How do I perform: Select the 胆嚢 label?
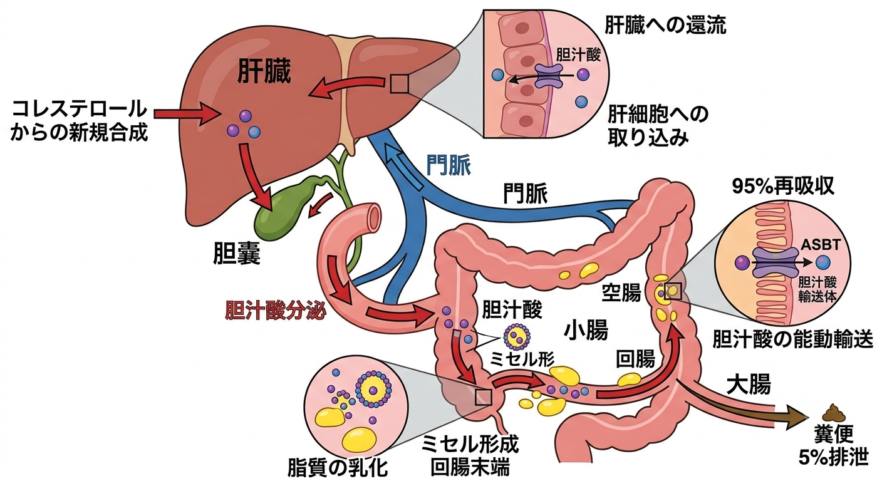[x=236, y=252]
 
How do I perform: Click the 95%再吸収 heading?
[x=783, y=187]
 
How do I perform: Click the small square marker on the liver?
[x=399, y=84]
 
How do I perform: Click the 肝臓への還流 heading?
[x=665, y=25]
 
